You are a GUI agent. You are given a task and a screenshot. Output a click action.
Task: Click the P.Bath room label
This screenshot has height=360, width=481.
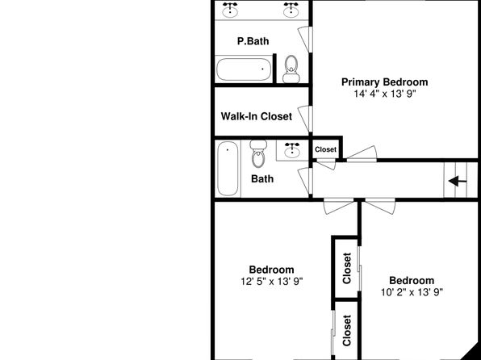tap(253, 41)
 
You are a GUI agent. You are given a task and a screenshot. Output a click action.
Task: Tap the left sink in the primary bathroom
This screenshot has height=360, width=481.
tap(230, 10)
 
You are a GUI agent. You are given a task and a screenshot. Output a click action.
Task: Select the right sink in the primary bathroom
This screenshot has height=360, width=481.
tap(291, 10)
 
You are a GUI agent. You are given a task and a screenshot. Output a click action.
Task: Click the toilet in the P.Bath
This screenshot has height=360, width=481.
tap(291, 69)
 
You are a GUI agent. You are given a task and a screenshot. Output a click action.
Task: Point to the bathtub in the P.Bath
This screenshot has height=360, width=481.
tap(245, 69)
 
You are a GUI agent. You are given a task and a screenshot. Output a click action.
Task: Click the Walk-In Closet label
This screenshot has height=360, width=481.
tap(257, 116)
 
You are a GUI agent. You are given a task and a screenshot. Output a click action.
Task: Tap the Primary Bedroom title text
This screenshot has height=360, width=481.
tap(385, 82)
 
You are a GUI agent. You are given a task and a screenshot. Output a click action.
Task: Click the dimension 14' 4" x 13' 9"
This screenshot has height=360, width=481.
tap(385, 94)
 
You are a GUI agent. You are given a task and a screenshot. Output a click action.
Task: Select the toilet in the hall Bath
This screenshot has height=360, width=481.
tap(258, 153)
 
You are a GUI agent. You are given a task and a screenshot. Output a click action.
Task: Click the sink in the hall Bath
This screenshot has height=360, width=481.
tap(291, 150)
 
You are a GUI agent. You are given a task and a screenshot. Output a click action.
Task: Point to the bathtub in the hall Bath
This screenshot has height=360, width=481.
tap(228, 168)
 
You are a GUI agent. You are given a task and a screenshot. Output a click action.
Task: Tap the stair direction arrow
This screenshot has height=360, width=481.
tap(458, 181)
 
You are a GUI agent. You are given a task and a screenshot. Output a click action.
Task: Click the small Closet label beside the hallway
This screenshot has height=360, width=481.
tap(326, 149)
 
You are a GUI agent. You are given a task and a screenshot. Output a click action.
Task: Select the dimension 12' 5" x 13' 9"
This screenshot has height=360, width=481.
tap(272, 282)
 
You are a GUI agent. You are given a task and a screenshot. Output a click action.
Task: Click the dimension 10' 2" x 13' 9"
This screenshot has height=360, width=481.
tap(412, 292)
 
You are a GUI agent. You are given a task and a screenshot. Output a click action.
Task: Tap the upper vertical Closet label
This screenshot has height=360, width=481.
tap(347, 268)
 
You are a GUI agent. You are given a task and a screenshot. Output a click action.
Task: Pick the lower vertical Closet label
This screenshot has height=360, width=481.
tap(347, 330)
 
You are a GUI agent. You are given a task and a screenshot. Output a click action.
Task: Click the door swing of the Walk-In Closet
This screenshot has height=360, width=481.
tap(304, 119)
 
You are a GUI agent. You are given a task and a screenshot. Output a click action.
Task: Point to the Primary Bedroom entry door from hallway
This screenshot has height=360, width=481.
tap(362, 153)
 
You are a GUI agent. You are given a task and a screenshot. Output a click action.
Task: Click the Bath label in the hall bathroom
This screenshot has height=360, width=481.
tap(262, 179)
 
